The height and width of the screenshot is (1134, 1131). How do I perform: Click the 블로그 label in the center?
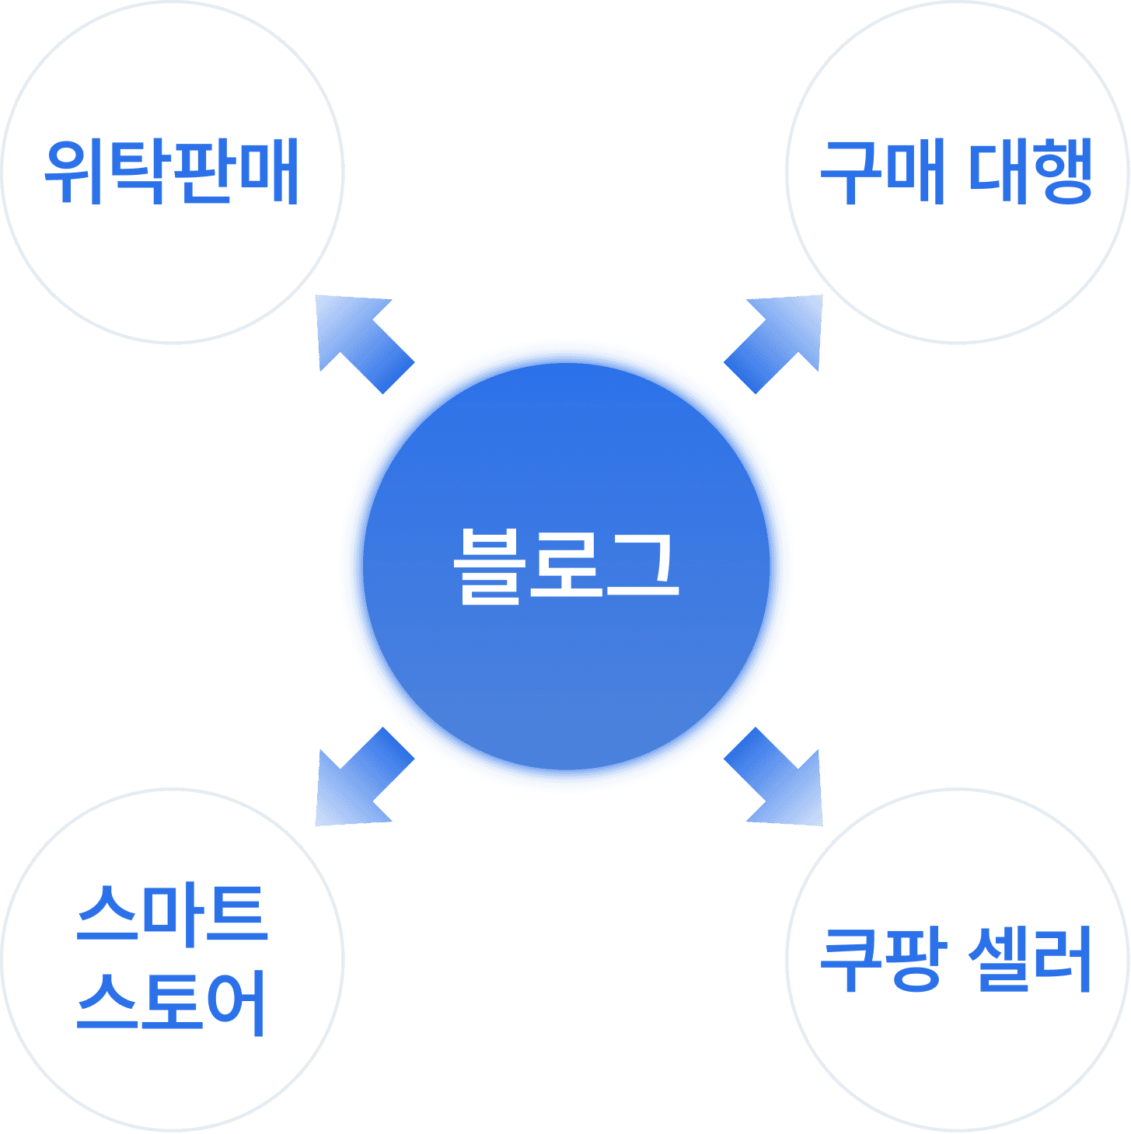566,566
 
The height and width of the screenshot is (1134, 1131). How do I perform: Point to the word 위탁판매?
172,172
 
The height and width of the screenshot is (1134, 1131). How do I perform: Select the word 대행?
1031,172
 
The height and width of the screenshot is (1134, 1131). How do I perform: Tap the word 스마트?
172,915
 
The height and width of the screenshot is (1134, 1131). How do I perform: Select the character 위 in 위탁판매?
75,172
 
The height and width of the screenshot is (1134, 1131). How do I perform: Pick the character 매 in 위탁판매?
269,172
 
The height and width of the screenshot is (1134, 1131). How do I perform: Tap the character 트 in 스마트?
236,915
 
